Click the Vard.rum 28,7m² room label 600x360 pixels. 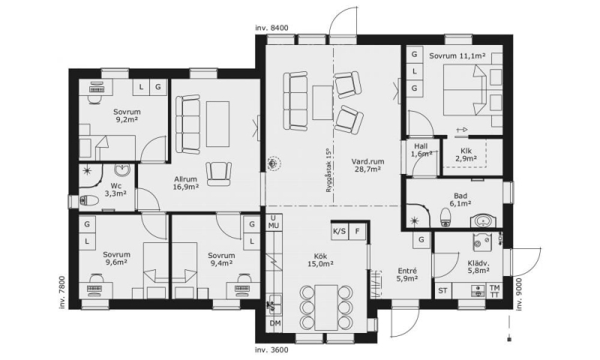(367, 165)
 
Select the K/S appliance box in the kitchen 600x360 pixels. (340, 231)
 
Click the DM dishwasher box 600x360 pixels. (274, 323)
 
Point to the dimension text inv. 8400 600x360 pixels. (271, 28)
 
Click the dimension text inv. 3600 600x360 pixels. (271, 350)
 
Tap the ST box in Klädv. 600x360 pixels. (442, 291)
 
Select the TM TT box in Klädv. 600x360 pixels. (494, 291)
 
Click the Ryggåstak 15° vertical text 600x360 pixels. (328, 169)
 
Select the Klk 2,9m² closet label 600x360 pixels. (466, 154)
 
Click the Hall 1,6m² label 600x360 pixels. (421, 150)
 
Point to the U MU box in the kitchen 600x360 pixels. (274, 222)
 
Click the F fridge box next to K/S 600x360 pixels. (358, 231)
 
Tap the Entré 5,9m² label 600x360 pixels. (406, 274)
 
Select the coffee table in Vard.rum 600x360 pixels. (322, 103)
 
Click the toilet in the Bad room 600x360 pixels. (445, 217)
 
